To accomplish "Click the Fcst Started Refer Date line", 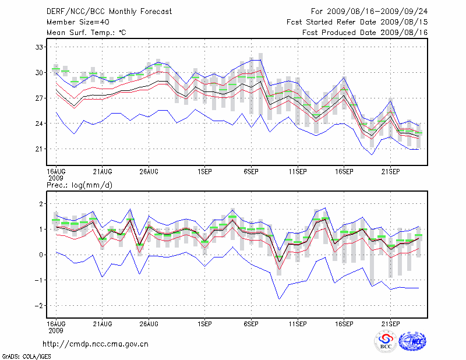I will point(357,22).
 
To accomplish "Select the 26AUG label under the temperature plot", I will point(149,172).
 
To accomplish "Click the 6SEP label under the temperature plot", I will point(251,172).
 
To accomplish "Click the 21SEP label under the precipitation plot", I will point(390,323).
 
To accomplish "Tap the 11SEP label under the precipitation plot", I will point(298,323).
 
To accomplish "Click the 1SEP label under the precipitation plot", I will point(204,323).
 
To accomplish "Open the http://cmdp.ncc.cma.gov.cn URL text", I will point(96,344).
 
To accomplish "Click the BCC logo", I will point(386,341).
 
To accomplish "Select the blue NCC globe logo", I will point(412,341).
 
